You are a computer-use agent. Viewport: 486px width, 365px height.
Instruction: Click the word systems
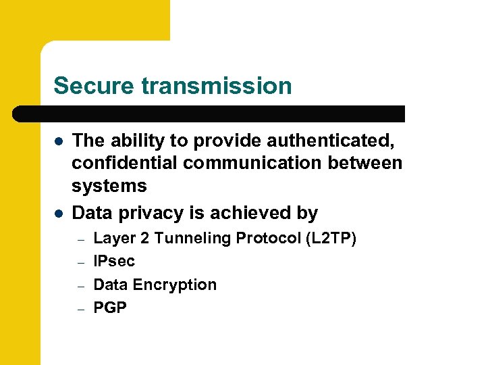pos(109,185)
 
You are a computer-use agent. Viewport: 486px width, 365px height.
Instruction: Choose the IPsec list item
pos(114,261)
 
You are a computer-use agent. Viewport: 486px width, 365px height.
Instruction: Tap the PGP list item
pos(110,308)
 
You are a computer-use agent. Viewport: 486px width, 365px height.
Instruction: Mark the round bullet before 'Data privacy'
pos(59,214)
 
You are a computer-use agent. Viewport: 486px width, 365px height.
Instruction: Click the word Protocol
pos(259,238)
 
